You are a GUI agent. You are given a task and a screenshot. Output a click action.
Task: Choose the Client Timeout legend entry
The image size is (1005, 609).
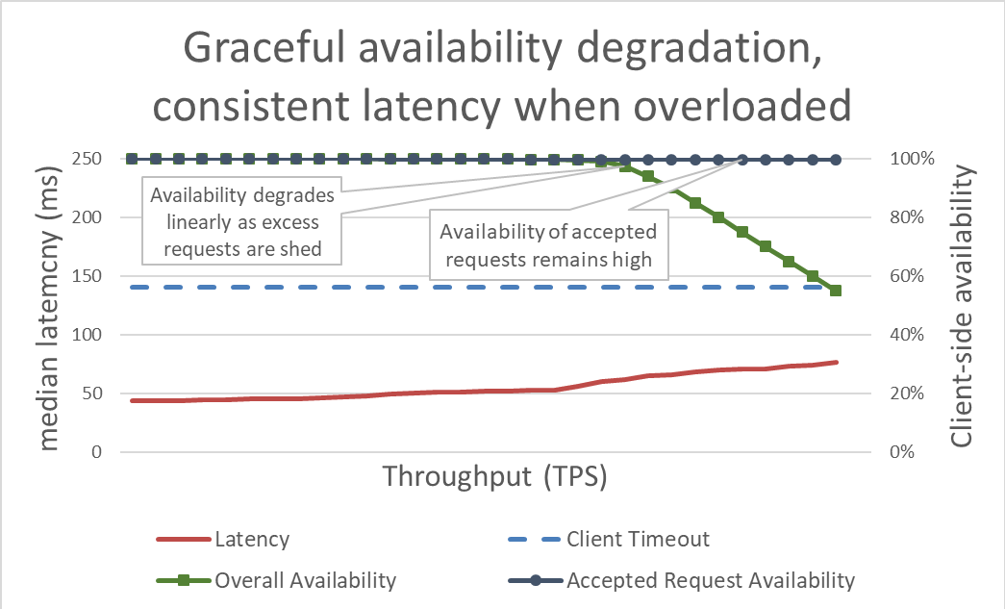[x=638, y=539]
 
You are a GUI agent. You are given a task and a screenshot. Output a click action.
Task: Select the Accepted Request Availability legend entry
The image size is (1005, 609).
[x=710, y=580]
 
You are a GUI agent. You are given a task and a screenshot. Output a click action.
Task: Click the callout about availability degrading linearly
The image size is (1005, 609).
[x=241, y=223]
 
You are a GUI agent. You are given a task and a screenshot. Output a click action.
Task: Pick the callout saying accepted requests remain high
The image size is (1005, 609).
[x=547, y=245]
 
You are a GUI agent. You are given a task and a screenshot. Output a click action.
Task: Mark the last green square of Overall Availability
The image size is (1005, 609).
[x=836, y=291]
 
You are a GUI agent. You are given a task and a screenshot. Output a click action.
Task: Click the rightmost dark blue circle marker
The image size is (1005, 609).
[x=836, y=159]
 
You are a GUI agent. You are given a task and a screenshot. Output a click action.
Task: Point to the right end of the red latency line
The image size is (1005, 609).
[x=837, y=362]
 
